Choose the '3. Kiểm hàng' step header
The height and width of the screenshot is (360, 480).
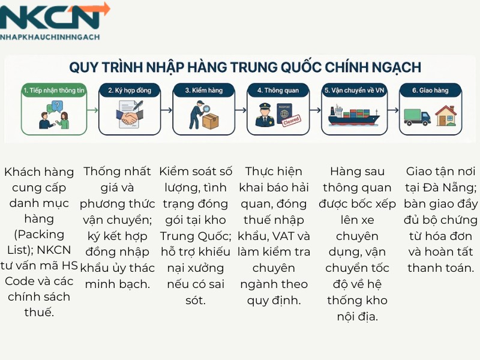click(x=203, y=91)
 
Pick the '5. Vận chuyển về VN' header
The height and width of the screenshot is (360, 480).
click(x=354, y=91)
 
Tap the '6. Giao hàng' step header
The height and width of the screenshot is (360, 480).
click(x=430, y=91)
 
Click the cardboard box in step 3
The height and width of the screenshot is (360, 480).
click(x=210, y=121)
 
